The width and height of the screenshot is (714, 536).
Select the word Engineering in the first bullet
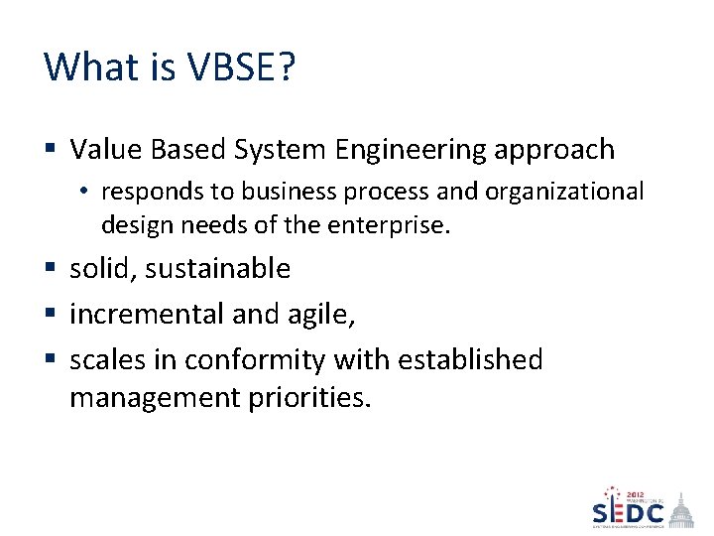click(420, 150)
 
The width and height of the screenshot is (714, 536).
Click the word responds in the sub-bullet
click(145, 191)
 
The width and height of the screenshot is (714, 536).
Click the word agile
click(318, 316)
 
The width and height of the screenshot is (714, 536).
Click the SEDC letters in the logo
click(628, 513)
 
